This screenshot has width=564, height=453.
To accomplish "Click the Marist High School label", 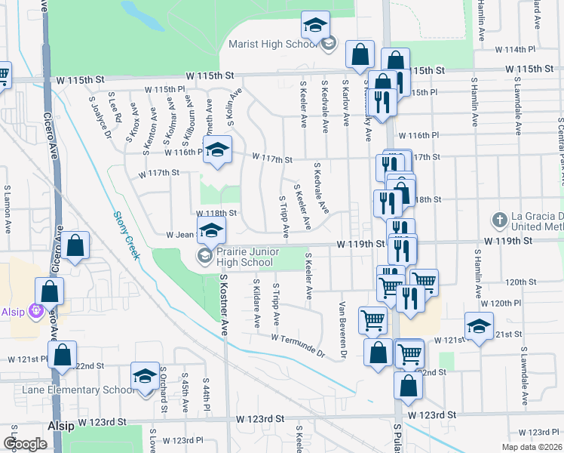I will click(x=271, y=44).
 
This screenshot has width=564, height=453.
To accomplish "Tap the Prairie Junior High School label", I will click(x=243, y=256).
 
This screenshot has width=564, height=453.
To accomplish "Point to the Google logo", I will click(x=25, y=444).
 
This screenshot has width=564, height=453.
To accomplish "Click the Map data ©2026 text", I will click(x=532, y=447).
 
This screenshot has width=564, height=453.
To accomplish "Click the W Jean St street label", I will click(x=179, y=234).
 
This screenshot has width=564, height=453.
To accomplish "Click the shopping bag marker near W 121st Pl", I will click(x=62, y=354).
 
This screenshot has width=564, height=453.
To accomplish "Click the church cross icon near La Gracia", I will click(x=498, y=220).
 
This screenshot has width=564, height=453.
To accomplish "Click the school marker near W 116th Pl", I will click(x=217, y=152).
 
